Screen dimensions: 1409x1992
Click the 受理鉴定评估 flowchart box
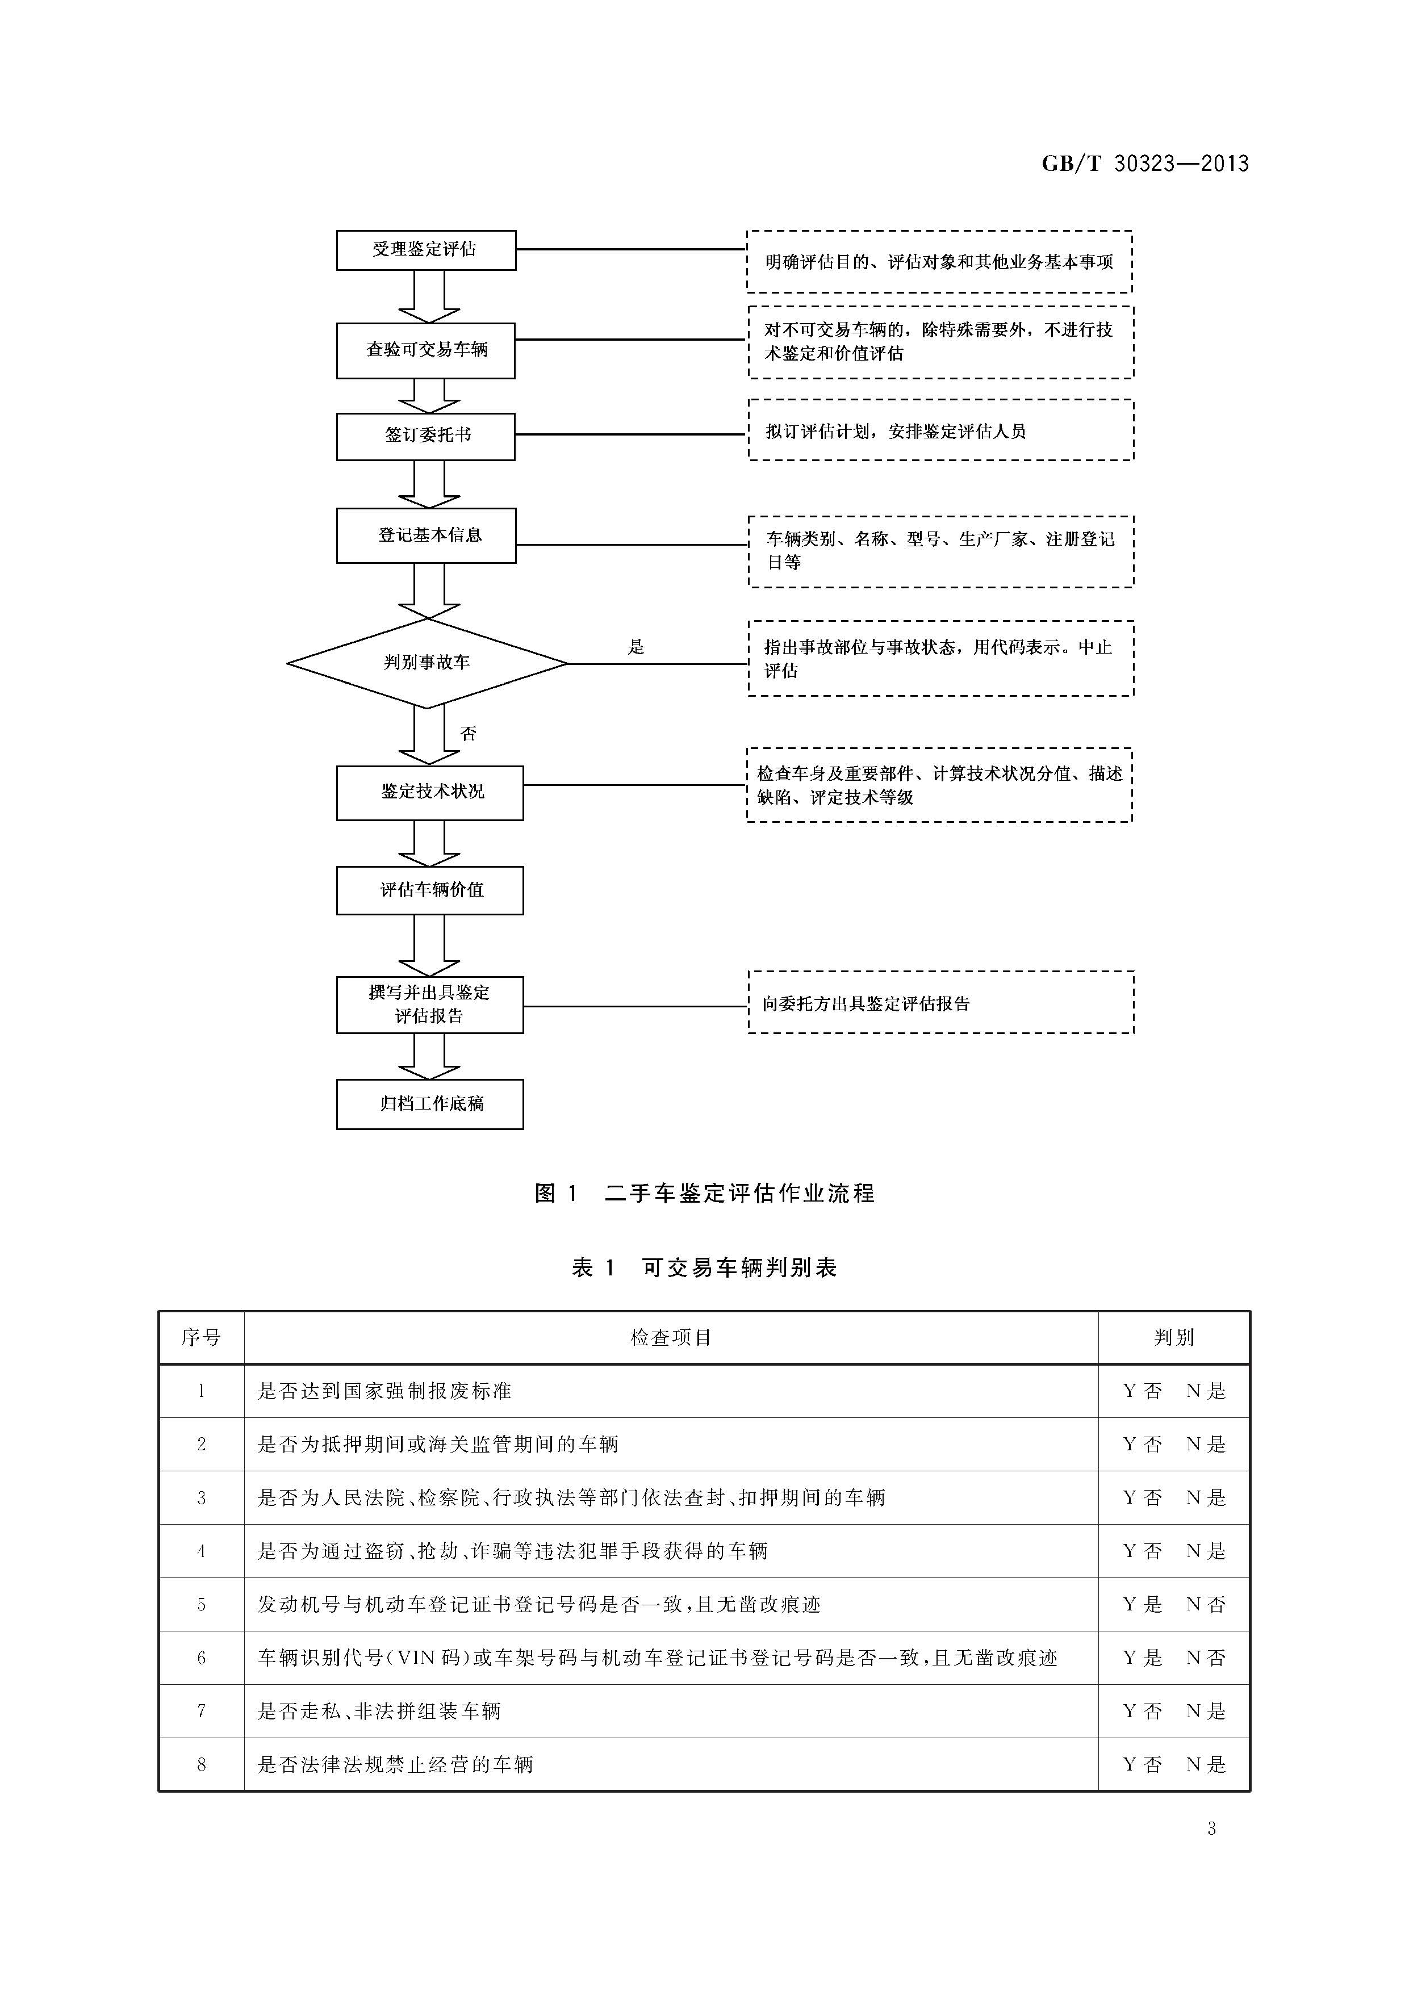point(426,250)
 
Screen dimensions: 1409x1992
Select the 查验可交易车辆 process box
point(426,350)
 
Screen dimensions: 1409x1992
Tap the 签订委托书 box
point(426,436)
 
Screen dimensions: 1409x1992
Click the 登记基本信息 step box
point(426,535)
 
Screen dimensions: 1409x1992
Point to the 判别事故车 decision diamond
point(427,663)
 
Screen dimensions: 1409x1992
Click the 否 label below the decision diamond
point(469,734)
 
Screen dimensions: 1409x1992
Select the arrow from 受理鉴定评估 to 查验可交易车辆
point(428,297)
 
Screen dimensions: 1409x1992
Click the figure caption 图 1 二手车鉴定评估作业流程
point(704,1193)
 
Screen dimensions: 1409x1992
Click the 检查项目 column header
point(671,1337)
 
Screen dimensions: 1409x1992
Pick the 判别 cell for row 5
point(1174,1604)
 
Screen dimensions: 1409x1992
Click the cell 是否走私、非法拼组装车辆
point(379,1711)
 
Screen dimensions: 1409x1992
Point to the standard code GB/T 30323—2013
point(1145,163)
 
